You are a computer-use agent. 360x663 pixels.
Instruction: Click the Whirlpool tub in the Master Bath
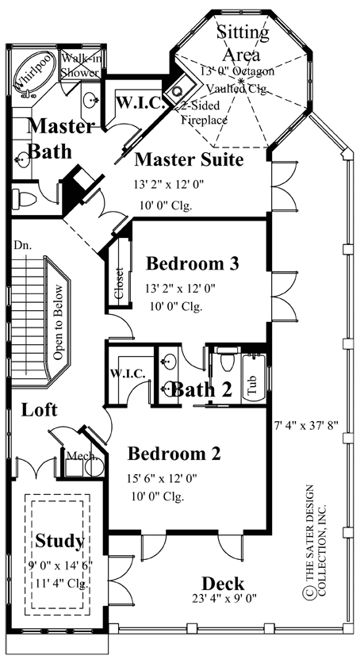[33, 72]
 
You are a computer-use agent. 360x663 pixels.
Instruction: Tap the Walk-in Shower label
[80, 65]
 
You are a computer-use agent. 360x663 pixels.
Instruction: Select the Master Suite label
[188, 160]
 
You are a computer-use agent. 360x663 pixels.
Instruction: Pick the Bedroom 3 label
[192, 263]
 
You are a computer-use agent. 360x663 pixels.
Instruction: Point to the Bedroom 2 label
[174, 454]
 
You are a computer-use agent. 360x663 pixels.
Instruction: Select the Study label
[59, 541]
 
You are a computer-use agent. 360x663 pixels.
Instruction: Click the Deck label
[222, 583]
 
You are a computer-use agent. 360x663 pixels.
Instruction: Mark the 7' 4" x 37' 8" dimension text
[304, 424]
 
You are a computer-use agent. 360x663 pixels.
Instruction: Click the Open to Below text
[58, 322]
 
